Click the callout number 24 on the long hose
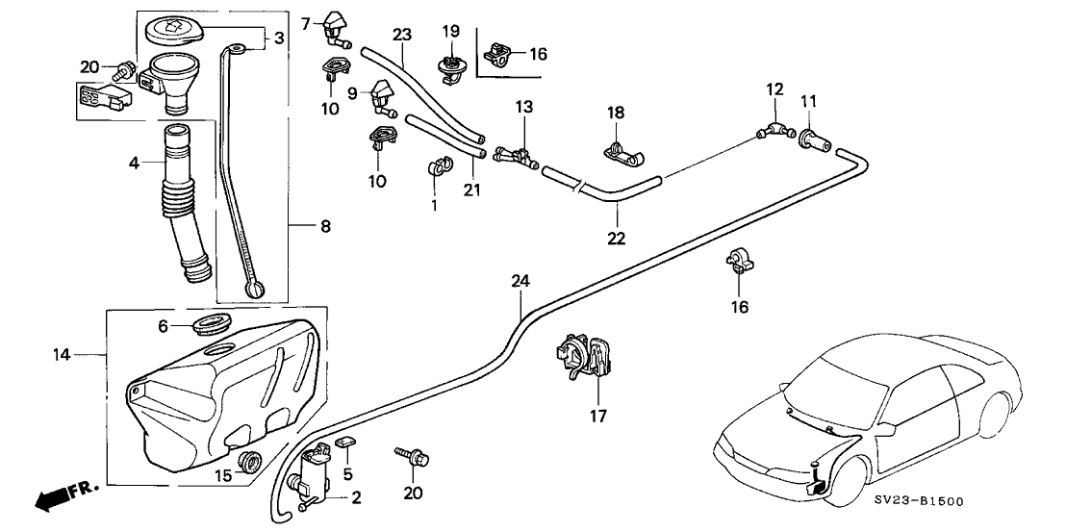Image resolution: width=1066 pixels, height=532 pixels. tap(520, 282)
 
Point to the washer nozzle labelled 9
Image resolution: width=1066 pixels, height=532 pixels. tap(382, 97)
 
